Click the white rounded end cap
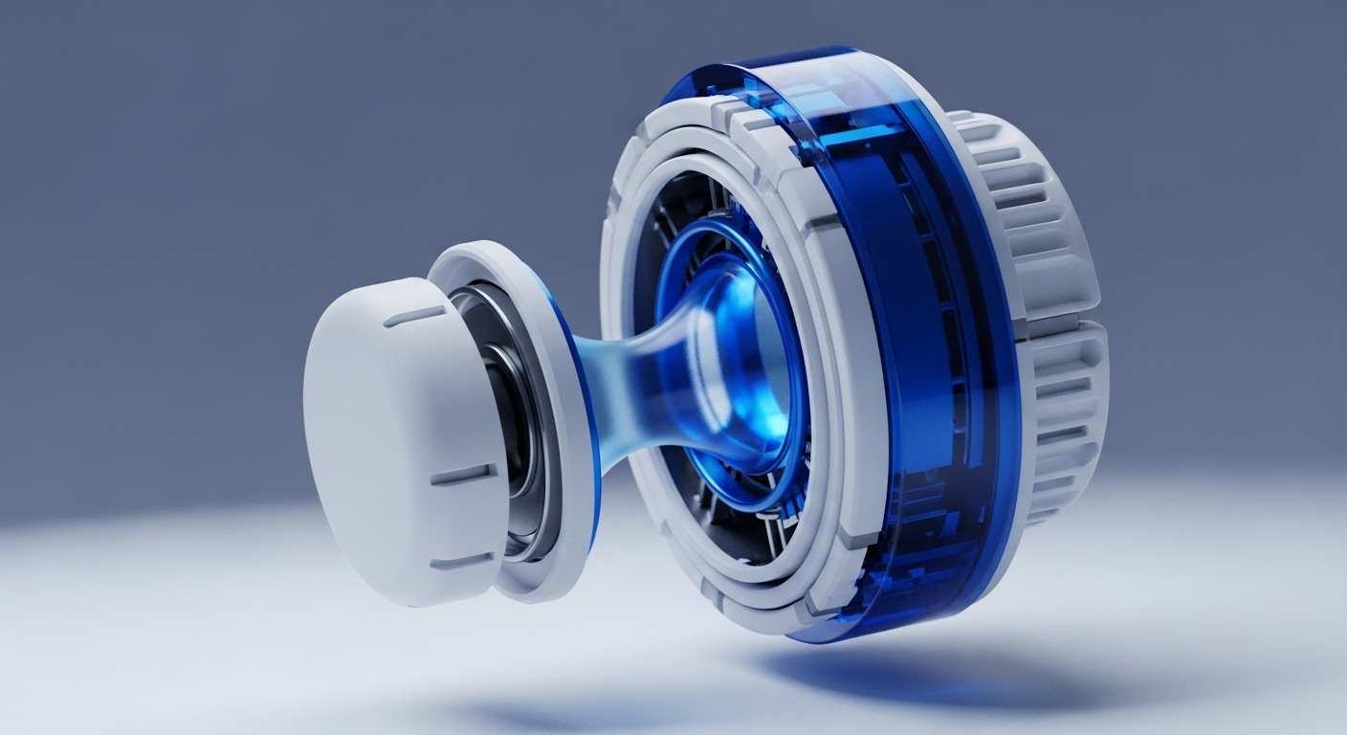point(383,440)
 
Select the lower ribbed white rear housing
point(1062,421)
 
